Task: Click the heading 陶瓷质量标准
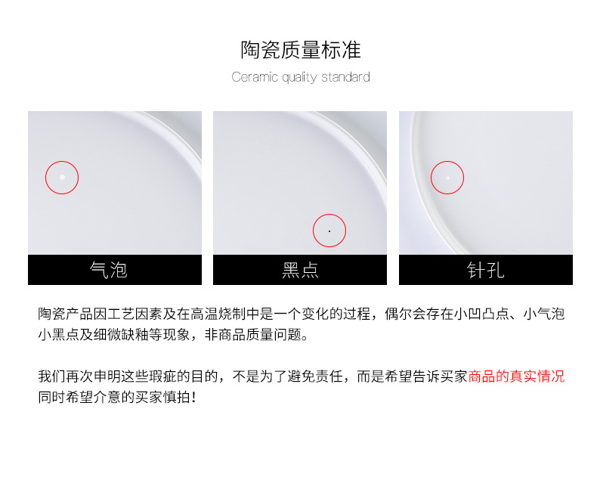coord(301,51)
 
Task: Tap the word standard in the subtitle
coord(345,77)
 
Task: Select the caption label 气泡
coord(108,270)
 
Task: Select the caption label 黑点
coord(300,270)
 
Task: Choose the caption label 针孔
coord(485,270)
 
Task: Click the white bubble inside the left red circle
coord(62,178)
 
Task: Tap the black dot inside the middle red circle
coord(329,231)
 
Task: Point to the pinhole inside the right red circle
coord(447,178)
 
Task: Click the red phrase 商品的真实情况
coord(516,376)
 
